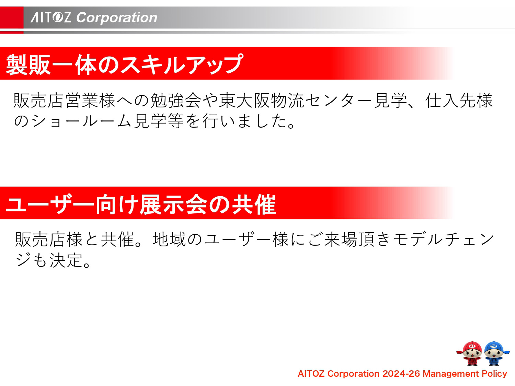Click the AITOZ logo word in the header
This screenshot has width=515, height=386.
pos(51,17)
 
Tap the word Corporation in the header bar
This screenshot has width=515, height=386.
pos(117,17)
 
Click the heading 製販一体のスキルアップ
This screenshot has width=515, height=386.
pos(125,64)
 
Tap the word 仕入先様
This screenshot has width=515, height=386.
pos(459,101)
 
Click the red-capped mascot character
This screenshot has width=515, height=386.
pos(472,353)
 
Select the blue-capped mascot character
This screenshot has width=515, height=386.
pos(494,353)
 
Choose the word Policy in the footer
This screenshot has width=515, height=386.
pos(494,374)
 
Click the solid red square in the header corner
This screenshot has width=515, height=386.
pos(12,17)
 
